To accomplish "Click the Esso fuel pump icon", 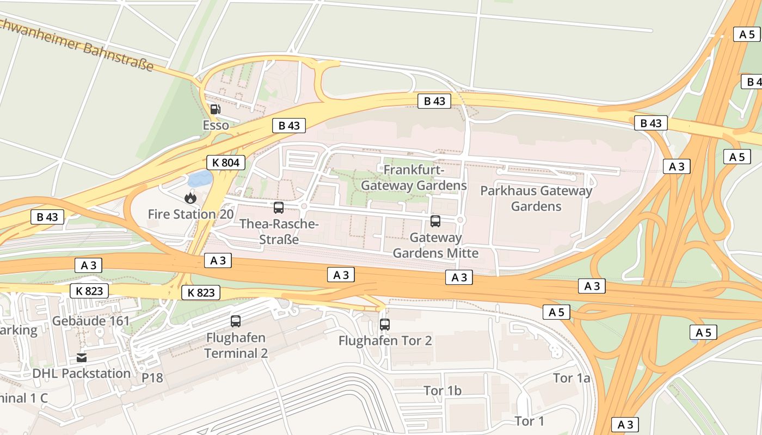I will point(216,109).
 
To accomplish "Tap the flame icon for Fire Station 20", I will point(190,198).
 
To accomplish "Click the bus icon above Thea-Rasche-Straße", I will point(279,207).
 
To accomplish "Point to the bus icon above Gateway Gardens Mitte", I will point(435,221).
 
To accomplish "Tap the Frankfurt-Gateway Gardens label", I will point(414,178).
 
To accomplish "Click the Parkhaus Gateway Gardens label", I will point(536,198).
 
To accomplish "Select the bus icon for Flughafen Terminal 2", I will point(236,321).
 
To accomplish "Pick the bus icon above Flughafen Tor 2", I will point(385,325).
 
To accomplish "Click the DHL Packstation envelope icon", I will point(82,357).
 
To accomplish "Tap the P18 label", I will point(152,378).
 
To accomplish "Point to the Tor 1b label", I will point(443,391).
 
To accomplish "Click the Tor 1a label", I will point(571,378).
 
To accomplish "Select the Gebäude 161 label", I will point(91,321).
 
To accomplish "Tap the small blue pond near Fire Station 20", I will point(200,178).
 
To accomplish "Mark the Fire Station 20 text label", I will point(190,214).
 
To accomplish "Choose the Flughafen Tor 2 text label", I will point(385,341).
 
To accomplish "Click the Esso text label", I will point(216,126).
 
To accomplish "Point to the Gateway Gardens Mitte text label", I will point(435,245).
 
